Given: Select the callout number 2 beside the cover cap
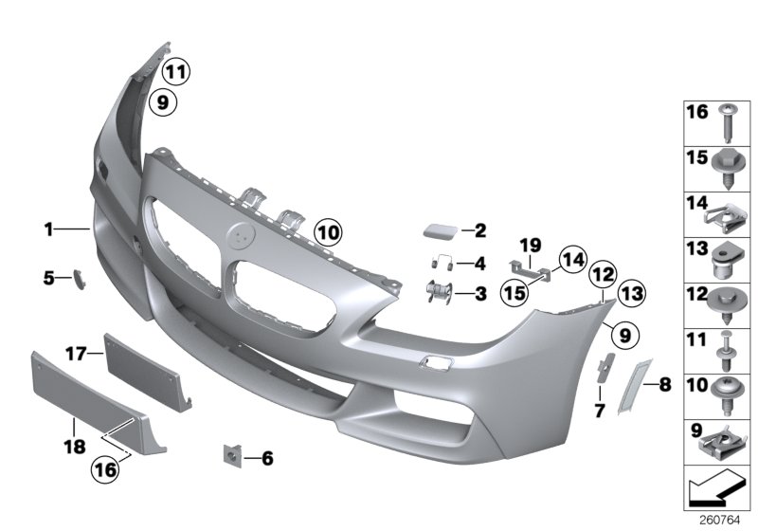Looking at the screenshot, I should (480, 229).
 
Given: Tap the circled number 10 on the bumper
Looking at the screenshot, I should (327, 230).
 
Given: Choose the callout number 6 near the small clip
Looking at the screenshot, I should (267, 459).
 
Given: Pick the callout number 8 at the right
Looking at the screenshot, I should (664, 385).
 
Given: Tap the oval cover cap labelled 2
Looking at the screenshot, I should (440, 230).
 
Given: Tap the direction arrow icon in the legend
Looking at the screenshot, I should (718, 493).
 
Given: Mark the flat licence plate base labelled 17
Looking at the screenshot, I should (143, 366).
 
